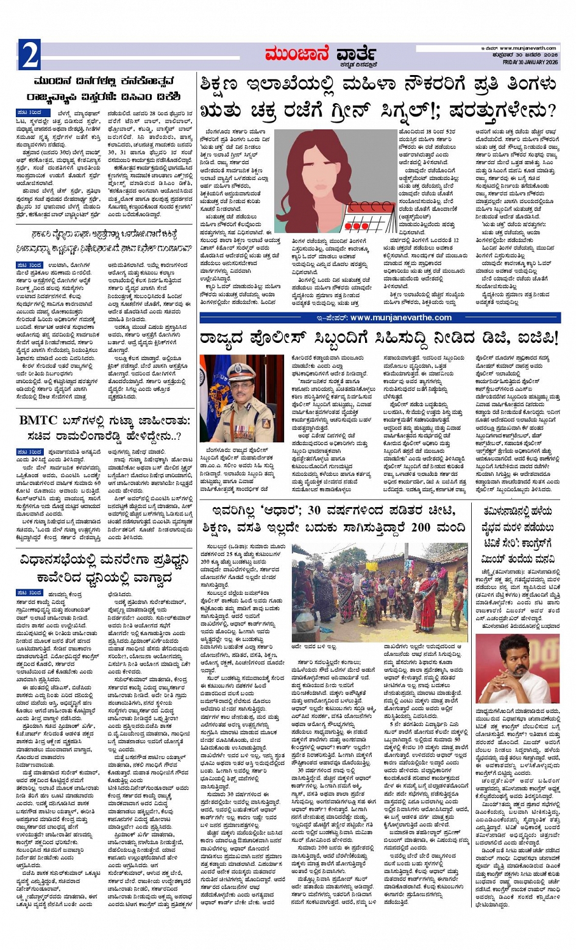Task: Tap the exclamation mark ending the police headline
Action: pyautogui.click(x=555, y=337)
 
